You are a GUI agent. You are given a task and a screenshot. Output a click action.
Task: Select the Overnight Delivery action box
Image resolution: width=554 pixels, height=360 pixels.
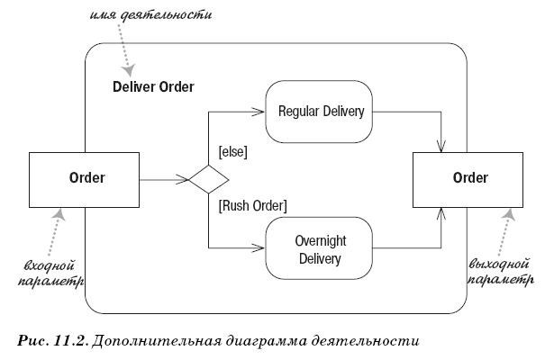tap(320, 250)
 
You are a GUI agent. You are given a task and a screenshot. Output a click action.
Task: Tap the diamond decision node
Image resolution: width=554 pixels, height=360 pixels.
tap(208, 179)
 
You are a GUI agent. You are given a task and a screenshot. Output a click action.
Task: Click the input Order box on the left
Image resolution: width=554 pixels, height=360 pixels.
tap(86, 178)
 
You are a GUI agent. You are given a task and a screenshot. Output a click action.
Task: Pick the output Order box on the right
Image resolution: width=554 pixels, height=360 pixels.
tap(470, 178)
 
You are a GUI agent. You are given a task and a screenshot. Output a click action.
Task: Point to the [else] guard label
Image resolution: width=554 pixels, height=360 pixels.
tap(232, 152)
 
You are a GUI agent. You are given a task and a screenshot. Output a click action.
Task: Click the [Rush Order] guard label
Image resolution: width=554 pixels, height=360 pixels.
tap(252, 205)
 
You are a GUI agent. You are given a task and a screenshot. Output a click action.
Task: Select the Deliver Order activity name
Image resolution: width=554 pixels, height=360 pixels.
tap(153, 87)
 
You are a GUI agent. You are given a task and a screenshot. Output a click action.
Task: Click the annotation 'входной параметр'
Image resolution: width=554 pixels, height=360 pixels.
tap(48, 274)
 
